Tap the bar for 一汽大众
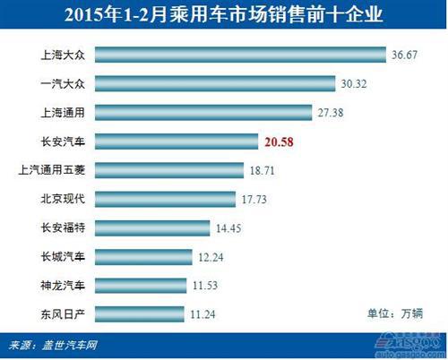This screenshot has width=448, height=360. click(215, 84)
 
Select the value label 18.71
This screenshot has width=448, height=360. click(266, 169)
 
